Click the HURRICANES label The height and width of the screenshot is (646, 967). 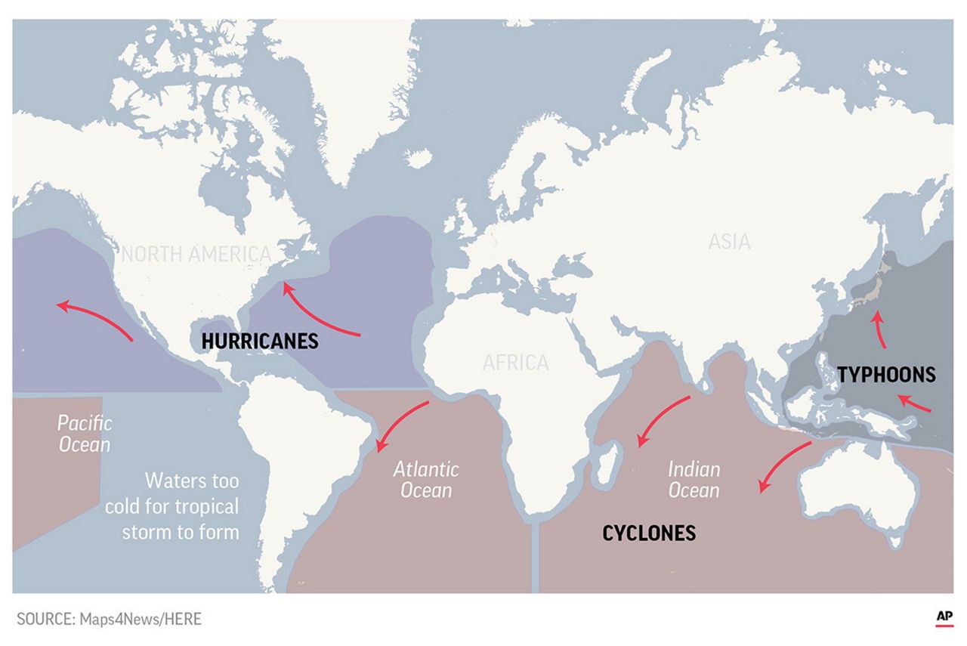point(260,341)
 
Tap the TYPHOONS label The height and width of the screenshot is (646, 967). point(886,374)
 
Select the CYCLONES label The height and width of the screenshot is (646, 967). point(648,533)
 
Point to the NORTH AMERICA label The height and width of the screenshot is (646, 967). point(196,254)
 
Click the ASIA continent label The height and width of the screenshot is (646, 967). point(729,242)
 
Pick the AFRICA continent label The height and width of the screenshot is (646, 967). point(516,363)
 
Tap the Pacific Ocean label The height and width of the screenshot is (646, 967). point(85,433)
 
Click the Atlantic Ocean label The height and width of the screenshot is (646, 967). point(426,479)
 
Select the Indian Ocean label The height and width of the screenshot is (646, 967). point(694,479)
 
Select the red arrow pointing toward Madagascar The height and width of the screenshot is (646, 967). point(662,420)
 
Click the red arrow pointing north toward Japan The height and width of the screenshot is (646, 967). point(878,329)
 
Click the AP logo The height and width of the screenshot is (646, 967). point(944,618)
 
